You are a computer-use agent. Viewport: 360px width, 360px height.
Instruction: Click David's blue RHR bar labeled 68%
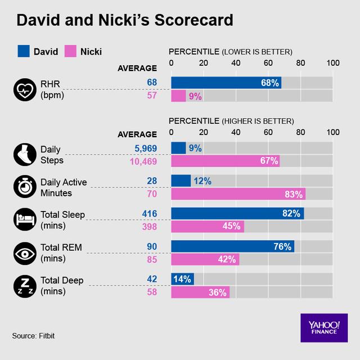click(x=226, y=83)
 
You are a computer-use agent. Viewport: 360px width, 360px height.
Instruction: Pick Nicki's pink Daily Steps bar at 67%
click(x=225, y=161)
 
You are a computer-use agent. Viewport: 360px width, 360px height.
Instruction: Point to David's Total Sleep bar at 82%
click(x=237, y=213)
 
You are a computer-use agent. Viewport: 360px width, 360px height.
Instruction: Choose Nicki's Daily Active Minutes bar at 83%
click(x=238, y=194)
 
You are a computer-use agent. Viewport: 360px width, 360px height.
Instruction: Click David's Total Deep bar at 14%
click(x=182, y=278)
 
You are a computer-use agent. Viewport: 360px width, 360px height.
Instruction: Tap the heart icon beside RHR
click(x=24, y=89)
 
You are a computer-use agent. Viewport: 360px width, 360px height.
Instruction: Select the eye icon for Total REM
click(x=24, y=253)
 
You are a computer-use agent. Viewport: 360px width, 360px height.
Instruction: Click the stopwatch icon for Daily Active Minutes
click(x=24, y=187)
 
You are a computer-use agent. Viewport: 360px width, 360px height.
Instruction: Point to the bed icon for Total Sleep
click(x=24, y=219)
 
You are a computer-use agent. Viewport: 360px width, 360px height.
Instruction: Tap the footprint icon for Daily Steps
click(x=24, y=154)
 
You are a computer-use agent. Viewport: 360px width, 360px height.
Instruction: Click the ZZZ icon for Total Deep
click(x=24, y=286)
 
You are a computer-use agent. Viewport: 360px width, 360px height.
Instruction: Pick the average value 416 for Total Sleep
click(x=150, y=213)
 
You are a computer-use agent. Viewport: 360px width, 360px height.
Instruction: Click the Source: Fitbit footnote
click(x=34, y=336)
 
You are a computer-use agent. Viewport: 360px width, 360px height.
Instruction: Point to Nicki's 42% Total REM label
click(x=226, y=259)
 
